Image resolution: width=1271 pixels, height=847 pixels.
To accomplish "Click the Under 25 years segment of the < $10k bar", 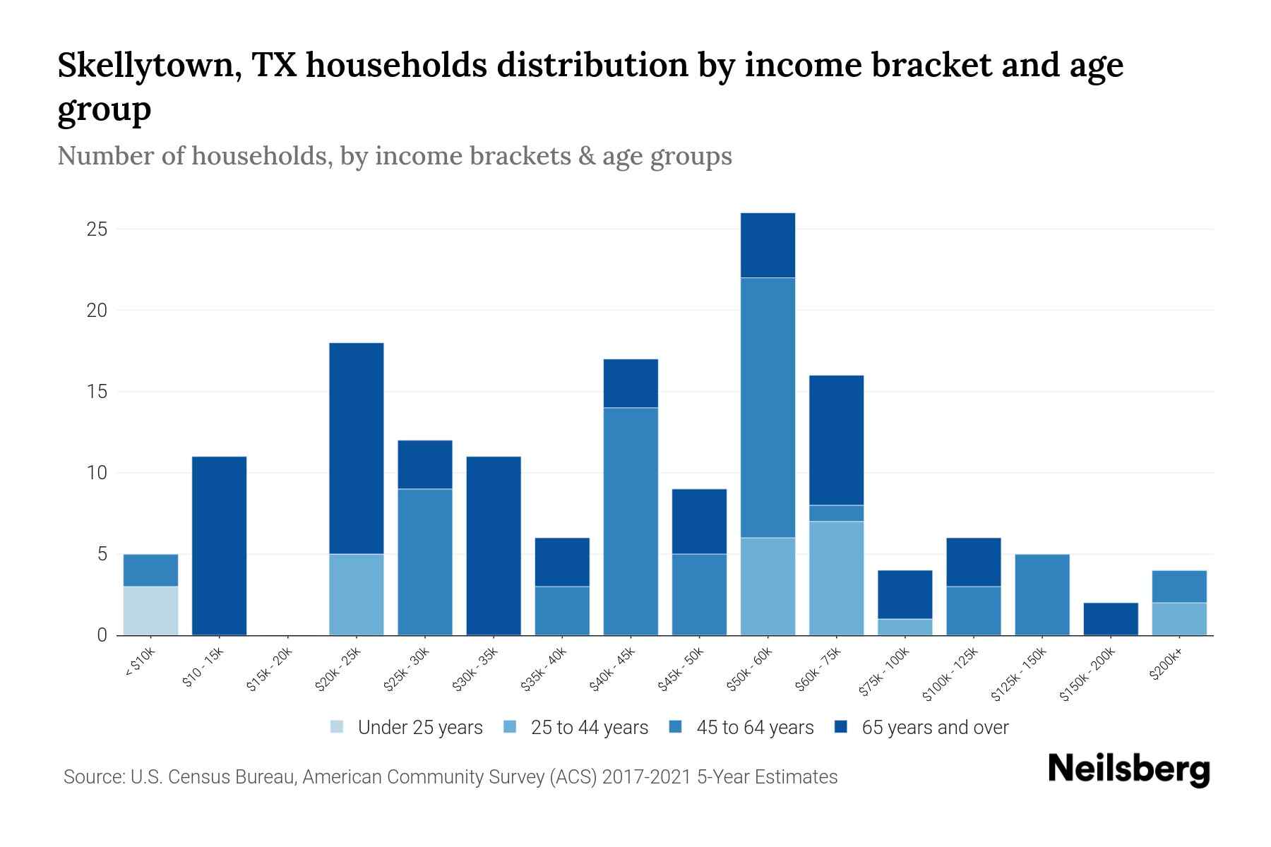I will click(150, 611).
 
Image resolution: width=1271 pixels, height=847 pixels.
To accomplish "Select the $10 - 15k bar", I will click(219, 546).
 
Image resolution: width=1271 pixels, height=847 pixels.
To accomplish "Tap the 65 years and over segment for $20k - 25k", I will click(357, 448).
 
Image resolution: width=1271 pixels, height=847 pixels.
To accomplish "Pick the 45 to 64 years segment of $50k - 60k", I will click(768, 407).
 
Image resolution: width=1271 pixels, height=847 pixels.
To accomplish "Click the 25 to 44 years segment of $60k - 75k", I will click(836, 578).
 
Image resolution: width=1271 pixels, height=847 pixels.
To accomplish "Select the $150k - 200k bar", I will click(1111, 619).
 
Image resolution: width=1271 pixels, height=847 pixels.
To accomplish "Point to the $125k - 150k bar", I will click(1042, 594).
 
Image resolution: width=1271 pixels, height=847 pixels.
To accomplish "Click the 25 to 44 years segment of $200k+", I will click(1179, 619).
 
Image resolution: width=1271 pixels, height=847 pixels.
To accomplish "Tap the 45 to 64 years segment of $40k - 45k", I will click(631, 521).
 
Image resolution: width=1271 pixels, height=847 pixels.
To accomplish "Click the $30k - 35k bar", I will click(494, 546).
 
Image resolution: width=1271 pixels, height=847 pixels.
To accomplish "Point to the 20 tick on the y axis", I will click(97, 311).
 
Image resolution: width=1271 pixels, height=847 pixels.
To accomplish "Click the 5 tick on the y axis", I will click(102, 554).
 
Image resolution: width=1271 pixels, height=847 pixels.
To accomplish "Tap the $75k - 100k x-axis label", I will click(885, 675).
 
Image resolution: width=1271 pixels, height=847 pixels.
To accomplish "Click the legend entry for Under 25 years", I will click(407, 728).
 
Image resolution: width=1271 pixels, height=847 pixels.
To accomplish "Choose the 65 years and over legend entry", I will click(921, 728).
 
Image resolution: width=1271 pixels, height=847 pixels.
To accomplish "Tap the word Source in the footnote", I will click(93, 777).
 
